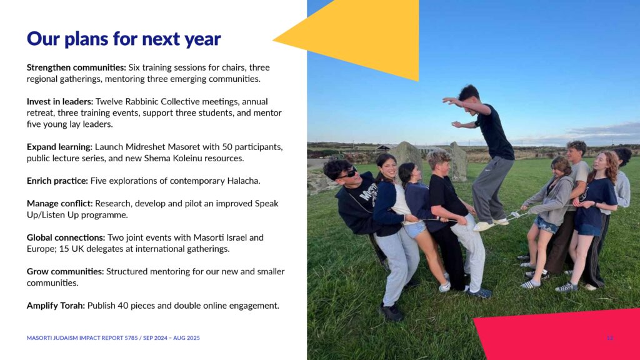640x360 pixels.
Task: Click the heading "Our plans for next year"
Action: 124,39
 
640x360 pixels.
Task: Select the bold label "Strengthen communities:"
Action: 76,67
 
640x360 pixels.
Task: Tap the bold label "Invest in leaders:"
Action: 60,101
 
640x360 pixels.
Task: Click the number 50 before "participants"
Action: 227,146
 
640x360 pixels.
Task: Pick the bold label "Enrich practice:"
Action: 57,181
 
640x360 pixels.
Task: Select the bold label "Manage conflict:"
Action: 59,203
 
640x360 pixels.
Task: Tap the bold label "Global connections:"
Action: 66,237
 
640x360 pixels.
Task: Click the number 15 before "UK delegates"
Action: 64,249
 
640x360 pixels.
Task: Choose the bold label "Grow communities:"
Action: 65,271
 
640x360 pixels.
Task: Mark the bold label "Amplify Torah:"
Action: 56,306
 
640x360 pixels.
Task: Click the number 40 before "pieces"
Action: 123,306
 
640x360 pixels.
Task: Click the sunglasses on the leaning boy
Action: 348,173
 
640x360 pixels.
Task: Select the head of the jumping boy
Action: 469,95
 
